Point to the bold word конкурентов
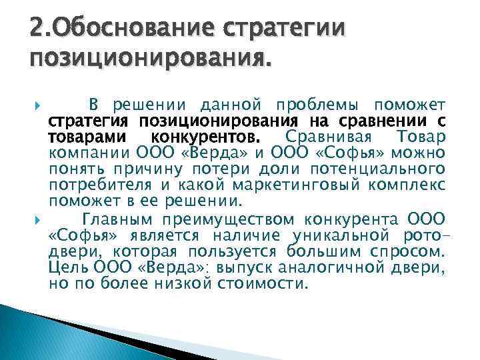211,137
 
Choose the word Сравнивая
317,137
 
